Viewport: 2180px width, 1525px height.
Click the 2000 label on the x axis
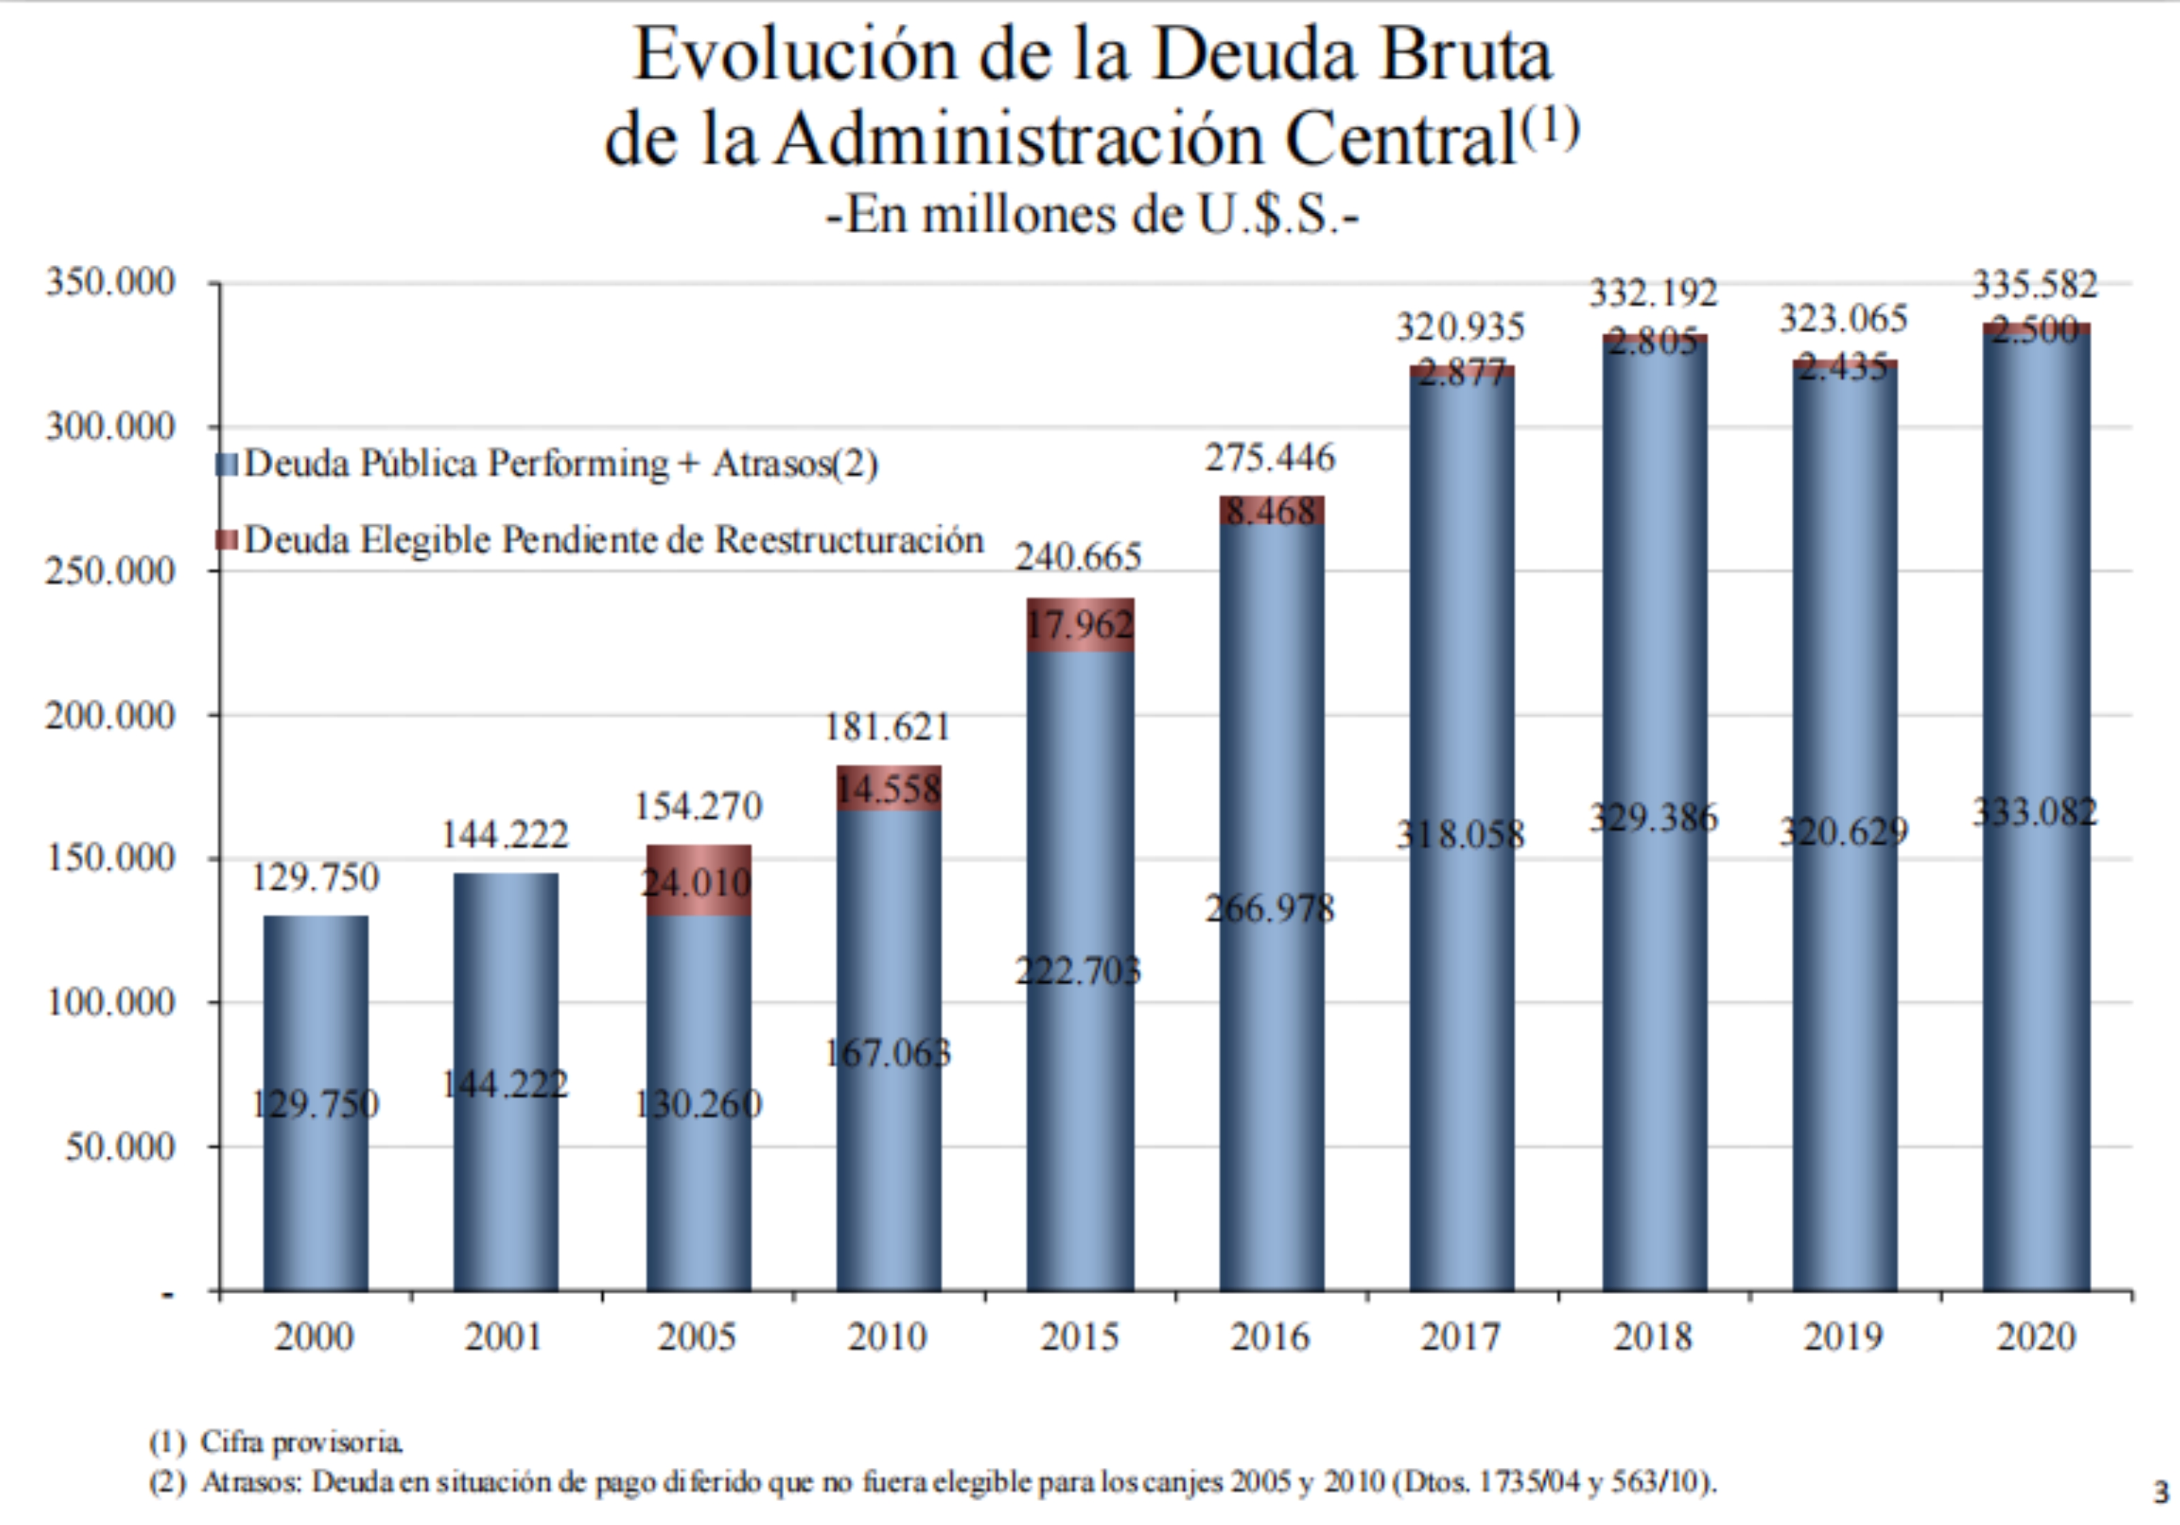(x=314, y=1337)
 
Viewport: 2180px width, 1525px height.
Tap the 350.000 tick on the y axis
(x=110, y=282)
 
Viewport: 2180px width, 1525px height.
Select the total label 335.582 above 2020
(x=2035, y=284)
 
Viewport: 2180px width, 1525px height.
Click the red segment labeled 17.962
(x=1080, y=625)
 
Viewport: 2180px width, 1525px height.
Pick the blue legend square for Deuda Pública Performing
(x=227, y=465)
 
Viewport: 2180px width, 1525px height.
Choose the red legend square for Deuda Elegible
(x=227, y=539)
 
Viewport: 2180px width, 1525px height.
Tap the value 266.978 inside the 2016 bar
(x=1271, y=909)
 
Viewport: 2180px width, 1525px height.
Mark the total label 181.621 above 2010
(x=888, y=727)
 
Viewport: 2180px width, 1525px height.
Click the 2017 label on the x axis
(x=1461, y=1337)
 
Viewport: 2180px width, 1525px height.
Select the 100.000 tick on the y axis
(x=110, y=1002)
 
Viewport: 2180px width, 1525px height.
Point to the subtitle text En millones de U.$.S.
(x=1092, y=215)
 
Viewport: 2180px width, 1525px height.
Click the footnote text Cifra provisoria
(x=301, y=1443)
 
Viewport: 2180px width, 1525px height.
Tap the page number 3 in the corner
(x=2161, y=1492)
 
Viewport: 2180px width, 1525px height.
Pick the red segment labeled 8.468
(x=1271, y=511)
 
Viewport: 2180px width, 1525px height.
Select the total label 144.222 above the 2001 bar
(x=505, y=834)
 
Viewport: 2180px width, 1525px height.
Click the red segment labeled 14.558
(x=889, y=788)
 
